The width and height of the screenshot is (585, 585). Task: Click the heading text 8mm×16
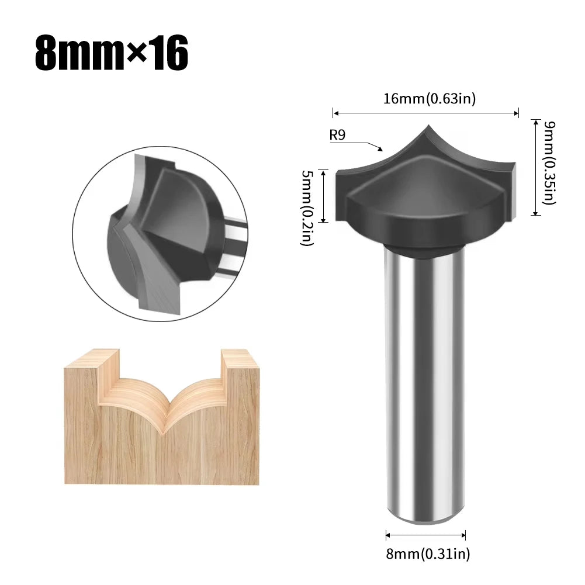point(112,54)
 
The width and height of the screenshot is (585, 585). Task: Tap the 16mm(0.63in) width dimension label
point(430,99)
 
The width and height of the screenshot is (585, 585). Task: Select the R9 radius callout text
point(338,135)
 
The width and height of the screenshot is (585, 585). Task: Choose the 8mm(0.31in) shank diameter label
point(428,552)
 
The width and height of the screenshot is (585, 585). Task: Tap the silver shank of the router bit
point(425,380)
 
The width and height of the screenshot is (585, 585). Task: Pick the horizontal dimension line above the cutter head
point(425,113)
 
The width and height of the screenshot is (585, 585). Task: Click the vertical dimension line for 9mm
point(535,167)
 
